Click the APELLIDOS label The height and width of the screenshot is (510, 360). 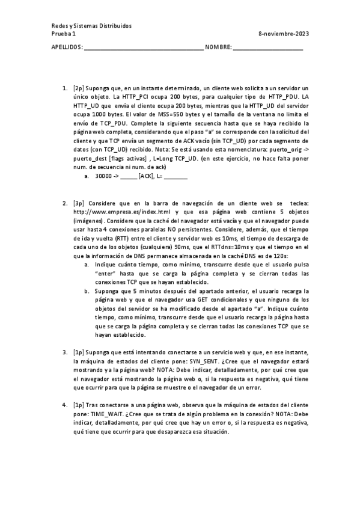coord(67,47)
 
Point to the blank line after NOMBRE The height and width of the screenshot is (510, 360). coord(268,48)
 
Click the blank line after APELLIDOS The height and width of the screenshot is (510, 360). coord(144,48)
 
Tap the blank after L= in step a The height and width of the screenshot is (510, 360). coord(175,176)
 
